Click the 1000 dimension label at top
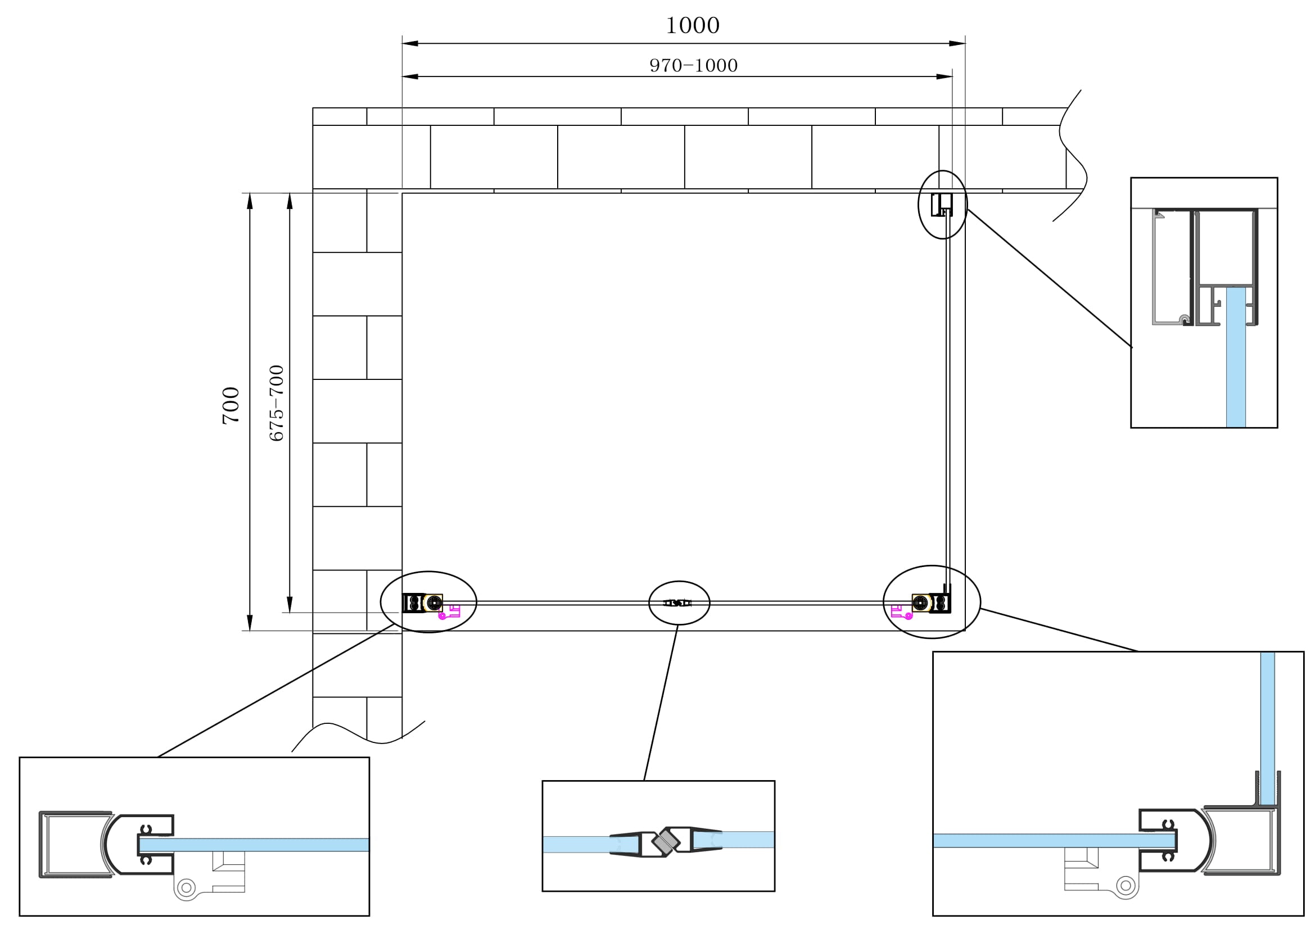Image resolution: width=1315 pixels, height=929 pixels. [x=692, y=26]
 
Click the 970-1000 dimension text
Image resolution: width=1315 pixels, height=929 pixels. [x=693, y=66]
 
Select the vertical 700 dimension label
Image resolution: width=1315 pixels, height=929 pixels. [x=231, y=405]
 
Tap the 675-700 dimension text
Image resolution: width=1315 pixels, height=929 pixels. [x=277, y=403]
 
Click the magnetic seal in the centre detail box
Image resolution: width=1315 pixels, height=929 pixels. [x=666, y=841]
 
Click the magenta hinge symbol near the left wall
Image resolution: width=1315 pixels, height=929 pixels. [x=450, y=612]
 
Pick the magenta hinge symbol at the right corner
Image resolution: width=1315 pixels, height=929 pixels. [x=901, y=612]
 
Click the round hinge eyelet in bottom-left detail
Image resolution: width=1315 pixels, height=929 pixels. [x=186, y=888]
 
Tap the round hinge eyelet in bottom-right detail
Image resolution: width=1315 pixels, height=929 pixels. [x=1126, y=886]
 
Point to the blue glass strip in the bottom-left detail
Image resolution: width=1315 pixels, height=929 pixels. [x=257, y=844]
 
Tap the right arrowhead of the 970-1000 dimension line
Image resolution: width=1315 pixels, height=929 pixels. [x=946, y=76]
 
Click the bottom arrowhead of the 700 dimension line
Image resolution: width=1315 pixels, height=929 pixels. [x=250, y=623]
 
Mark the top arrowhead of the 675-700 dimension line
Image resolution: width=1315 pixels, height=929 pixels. [x=290, y=200]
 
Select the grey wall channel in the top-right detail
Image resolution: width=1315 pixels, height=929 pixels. [x=1163, y=266]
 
